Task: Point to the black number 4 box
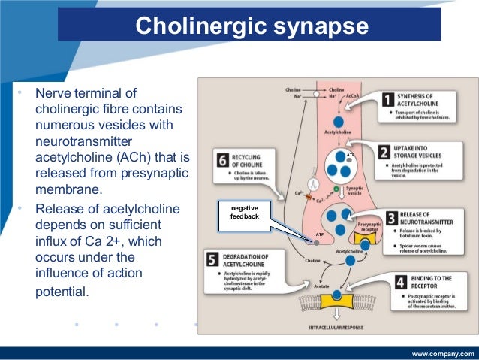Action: (x=399, y=286)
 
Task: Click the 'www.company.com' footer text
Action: (x=443, y=352)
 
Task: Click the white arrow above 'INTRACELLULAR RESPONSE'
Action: (x=333, y=316)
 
